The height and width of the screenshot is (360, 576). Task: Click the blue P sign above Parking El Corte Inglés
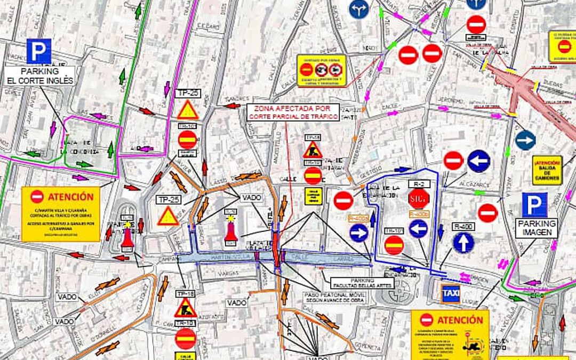pos(38,51)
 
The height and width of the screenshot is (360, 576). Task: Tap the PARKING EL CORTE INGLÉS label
pos(40,76)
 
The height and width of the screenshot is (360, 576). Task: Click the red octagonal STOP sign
pos(419,199)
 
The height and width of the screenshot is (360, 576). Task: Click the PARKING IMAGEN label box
pos(537,228)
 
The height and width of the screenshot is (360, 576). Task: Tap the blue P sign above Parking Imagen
pos(534,205)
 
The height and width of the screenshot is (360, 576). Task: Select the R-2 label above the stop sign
pos(419,183)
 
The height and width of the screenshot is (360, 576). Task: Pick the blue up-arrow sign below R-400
pos(463,243)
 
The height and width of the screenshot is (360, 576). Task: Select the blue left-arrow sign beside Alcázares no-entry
pos(478,161)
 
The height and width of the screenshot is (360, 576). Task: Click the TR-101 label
pos(394,231)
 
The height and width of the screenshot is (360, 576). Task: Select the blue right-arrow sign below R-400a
pos(359,233)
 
